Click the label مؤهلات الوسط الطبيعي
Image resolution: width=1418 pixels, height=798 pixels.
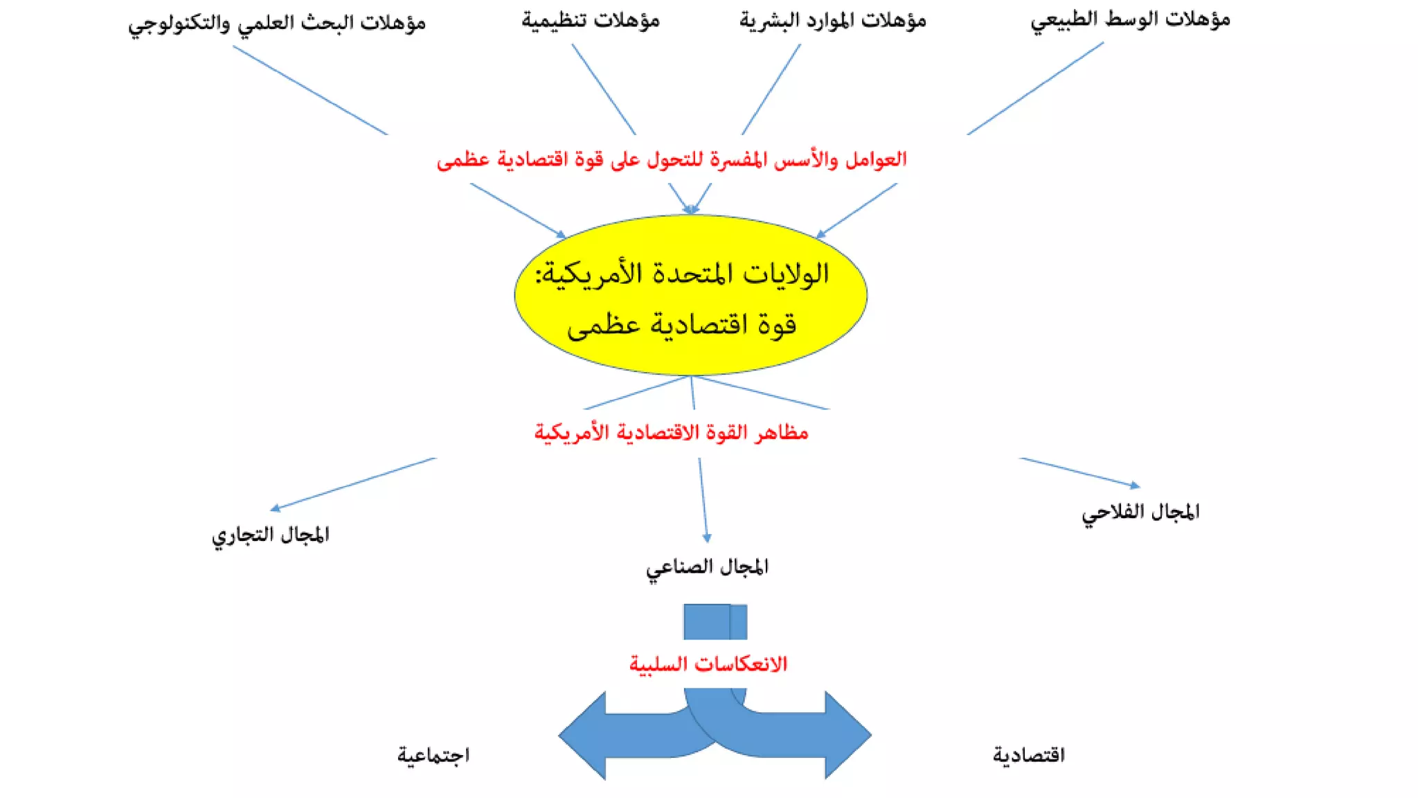pos(1130,20)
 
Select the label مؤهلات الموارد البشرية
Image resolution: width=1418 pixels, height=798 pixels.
pos(832,21)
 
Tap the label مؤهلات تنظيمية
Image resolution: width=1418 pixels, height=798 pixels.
pos(591,21)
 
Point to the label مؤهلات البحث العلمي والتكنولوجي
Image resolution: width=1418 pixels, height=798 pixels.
pos(277,23)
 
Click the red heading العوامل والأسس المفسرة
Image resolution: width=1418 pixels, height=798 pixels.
pos(672,160)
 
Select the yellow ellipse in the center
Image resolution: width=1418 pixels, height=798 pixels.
pos(690,353)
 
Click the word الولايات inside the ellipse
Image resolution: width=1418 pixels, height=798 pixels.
pos(786,274)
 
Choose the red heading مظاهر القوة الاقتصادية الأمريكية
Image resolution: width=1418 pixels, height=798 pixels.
pos(671,433)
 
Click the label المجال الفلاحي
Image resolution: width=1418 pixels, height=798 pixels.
pos(1140,513)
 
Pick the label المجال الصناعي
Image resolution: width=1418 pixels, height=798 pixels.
pos(707,567)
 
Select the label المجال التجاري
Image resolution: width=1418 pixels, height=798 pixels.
pos(271,535)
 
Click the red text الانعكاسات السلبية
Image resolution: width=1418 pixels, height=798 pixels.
pos(708,664)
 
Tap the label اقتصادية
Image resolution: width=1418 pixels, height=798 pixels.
pos(1029,754)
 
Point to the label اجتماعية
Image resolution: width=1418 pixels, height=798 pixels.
pos(433,754)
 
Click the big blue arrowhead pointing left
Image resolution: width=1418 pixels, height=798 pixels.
pos(585,736)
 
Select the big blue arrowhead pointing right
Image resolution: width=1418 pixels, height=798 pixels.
pos(846,736)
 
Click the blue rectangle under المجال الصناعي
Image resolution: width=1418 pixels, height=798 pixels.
pos(715,621)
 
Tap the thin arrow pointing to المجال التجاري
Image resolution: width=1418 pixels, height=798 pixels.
pos(353,484)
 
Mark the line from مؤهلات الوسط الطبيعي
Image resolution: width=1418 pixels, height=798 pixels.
pos(1035,88)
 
